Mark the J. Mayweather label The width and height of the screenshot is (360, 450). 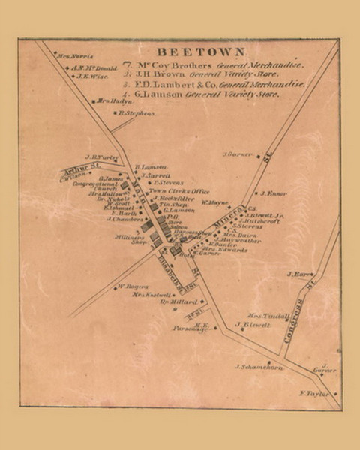coord(238,240)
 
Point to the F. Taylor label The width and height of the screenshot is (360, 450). coord(314,393)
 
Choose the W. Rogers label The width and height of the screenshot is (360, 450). coord(128,286)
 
